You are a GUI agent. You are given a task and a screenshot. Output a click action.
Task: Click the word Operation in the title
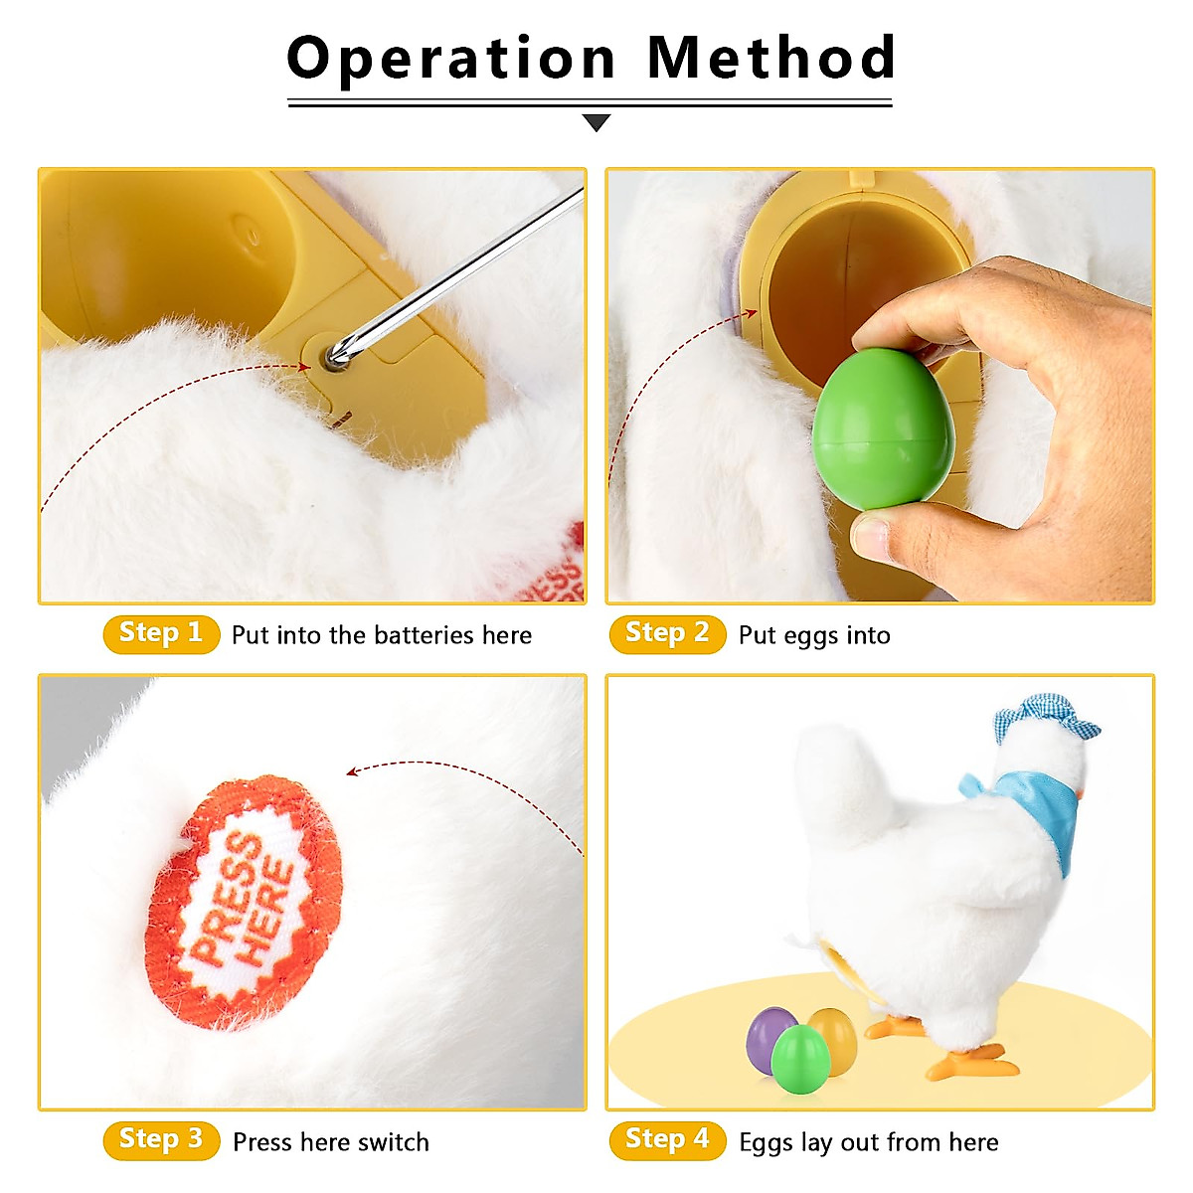(451, 59)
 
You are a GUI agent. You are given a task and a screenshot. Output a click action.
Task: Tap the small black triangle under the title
(596, 122)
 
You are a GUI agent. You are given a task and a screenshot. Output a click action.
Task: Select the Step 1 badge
(160, 633)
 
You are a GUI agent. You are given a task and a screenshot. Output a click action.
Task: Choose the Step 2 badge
(666, 633)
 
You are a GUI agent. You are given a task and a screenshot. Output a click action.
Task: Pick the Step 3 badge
(160, 1139)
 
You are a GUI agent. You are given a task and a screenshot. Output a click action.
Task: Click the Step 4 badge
(666, 1139)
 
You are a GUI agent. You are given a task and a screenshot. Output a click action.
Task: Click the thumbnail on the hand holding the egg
(869, 536)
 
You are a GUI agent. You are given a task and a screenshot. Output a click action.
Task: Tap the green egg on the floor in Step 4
(800, 1059)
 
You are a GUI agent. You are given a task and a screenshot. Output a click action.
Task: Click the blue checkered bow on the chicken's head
(1044, 719)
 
